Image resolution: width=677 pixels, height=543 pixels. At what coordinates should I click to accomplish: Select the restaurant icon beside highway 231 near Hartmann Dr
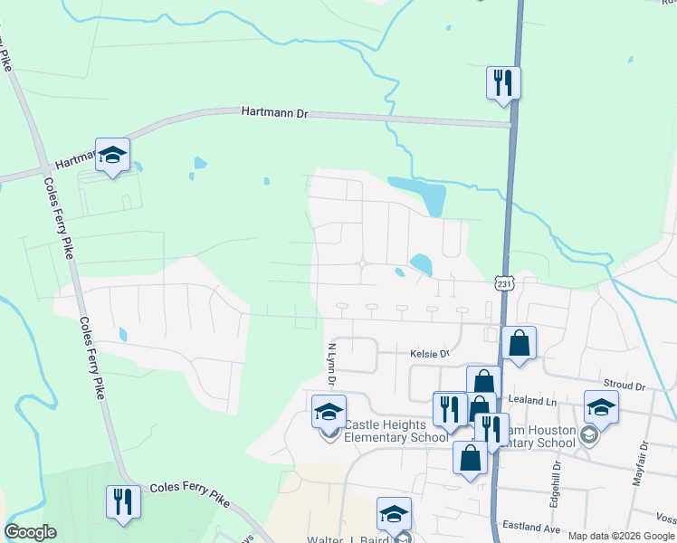point(502,82)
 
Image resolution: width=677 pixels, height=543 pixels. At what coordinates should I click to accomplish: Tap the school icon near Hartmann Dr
point(113,155)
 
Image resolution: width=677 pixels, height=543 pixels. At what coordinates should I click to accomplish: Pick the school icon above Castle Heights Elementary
point(329,412)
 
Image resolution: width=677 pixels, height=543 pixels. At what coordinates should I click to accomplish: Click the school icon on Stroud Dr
point(601,407)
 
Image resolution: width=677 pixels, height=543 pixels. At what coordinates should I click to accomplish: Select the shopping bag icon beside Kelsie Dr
point(519,343)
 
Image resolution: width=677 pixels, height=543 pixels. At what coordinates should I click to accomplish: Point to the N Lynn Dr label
point(331,363)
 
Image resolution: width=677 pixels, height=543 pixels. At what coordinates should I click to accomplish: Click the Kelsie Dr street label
point(429,354)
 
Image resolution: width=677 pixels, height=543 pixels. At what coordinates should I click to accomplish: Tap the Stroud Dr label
point(626,386)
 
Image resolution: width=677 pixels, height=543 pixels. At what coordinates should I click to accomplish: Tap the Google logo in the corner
point(30,532)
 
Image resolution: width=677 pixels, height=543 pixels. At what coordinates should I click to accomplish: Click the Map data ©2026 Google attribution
point(621,536)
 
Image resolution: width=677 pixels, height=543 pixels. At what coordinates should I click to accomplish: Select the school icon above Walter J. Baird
point(394,513)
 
